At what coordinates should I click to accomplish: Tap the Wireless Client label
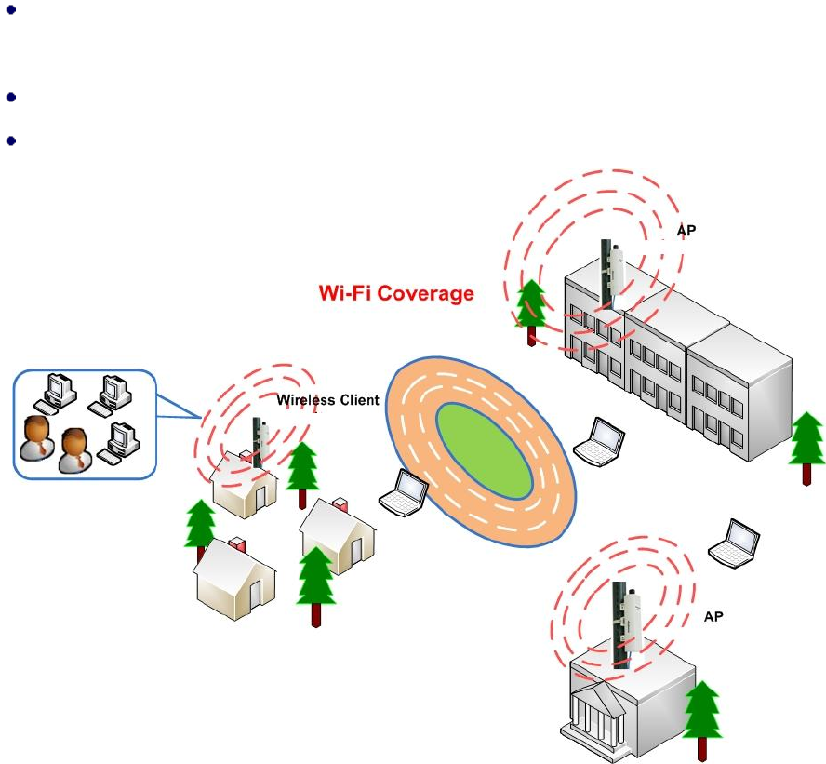pos(327,400)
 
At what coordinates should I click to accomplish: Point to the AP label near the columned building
pos(713,616)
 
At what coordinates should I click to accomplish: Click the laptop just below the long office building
pos(599,441)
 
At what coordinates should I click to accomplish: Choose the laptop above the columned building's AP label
pos(735,542)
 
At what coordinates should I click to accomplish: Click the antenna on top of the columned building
pos(622,628)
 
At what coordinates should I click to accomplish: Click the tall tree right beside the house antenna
pos(303,476)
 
